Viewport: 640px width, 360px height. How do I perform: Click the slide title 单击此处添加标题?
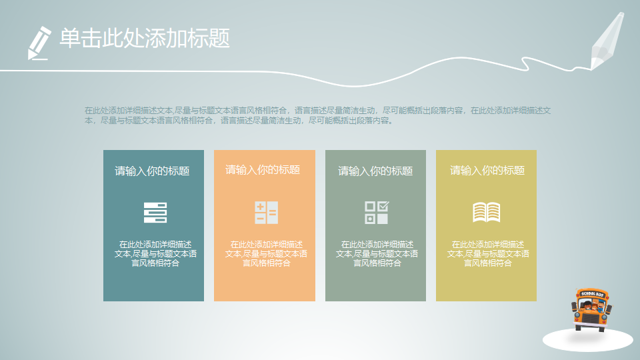click(x=145, y=38)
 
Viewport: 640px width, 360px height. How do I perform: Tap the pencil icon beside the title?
click(x=39, y=42)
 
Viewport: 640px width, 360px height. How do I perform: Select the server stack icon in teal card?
click(x=155, y=212)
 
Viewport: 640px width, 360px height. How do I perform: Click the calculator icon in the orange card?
click(x=266, y=212)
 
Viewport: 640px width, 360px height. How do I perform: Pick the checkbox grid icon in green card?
click(x=377, y=212)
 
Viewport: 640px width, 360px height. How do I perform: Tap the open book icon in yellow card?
click(x=487, y=212)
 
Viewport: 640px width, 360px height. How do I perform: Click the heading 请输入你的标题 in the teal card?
click(x=152, y=171)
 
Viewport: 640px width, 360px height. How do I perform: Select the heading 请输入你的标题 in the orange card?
click(x=263, y=170)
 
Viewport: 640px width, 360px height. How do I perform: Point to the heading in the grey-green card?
click(x=375, y=171)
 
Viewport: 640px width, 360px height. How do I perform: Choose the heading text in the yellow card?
click(x=487, y=171)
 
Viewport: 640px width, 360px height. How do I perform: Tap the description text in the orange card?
click(x=266, y=254)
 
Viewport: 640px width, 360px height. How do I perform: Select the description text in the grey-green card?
click(x=377, y=254)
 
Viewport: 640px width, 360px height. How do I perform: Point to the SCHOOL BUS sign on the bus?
click(x=592, y=293)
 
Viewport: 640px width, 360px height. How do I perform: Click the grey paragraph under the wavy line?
click(x=320, y=115)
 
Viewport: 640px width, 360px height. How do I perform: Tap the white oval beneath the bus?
click(x=587, y=341)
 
